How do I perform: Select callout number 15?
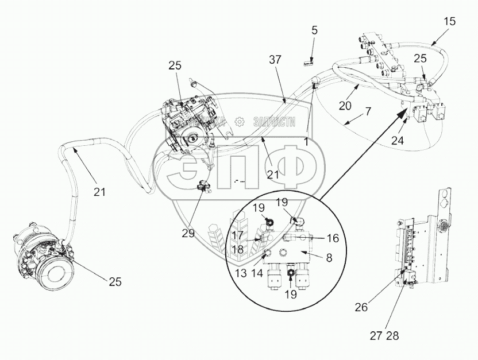pyautogui.click(x=450, y=22)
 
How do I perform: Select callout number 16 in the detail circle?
pyautogui.click(x=332, y=238)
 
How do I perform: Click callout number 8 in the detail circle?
pyautogui.click(x=329, y=259)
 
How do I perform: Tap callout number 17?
pyautogui.click(x=238, y=235)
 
